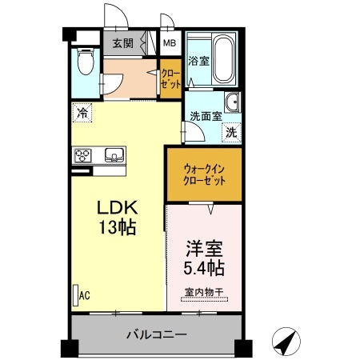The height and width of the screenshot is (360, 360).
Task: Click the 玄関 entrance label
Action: point(122,43)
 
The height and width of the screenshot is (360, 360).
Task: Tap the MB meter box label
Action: point(170,43)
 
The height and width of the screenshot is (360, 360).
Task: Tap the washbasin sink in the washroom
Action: point(232,103)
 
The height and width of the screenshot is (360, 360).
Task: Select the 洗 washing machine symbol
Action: point(230,133)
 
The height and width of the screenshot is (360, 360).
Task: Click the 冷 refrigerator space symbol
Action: point(82,114)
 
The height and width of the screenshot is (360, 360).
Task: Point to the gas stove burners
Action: point(85,155)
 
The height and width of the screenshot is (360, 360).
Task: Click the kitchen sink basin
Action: point(112,154)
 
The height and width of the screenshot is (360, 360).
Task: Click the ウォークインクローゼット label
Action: point(204,174)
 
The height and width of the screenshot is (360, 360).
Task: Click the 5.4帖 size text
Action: point(204,266)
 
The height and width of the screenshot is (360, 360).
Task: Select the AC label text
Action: point(84,295)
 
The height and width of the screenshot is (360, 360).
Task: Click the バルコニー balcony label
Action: point(156,334)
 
